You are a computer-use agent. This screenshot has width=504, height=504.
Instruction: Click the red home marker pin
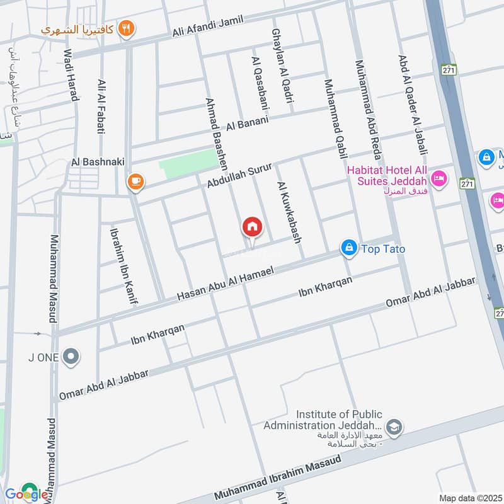252,227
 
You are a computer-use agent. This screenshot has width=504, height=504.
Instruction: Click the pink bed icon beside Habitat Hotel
440,179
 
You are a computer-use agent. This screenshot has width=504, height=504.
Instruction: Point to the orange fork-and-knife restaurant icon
127,28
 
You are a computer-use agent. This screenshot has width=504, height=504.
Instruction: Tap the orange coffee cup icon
135,182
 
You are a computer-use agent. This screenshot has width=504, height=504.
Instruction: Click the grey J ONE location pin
71,357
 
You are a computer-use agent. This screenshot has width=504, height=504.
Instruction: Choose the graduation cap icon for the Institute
395,427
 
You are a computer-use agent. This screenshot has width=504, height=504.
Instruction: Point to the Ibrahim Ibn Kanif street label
123,265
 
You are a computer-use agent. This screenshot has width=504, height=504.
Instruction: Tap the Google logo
26,492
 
